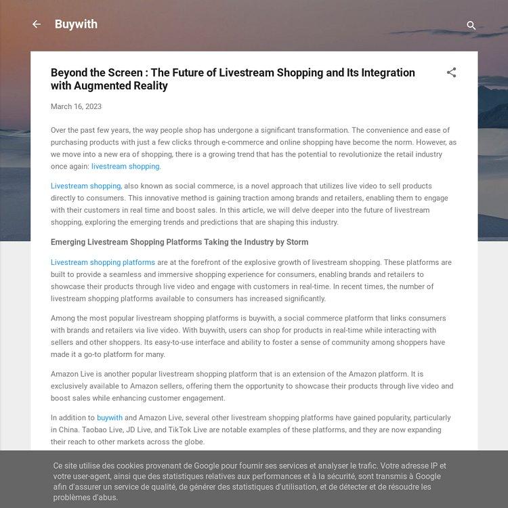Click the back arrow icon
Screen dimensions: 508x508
pyautogui.click(x=37, y=24)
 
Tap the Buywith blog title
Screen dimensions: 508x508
pyautogui.click(x=76, y=24)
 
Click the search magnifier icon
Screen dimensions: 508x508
pyautogui.click(x=471, y=26)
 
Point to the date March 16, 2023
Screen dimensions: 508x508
pyautogui.click(x=76, y=106)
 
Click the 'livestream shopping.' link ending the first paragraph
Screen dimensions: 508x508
pyautogui.click(x=126, y=167)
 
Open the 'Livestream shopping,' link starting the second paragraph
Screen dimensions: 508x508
pyautogui.click(x=86, y=186)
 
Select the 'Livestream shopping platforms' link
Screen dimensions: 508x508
pyautogui.click(x=103, y=263)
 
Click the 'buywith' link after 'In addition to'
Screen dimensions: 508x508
pyautogui.click(x=110, y=418)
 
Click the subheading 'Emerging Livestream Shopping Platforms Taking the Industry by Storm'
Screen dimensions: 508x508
pyautogui.click(x=179, y=242)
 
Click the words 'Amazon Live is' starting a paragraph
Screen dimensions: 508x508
pyautogui.click(x=77, y=374)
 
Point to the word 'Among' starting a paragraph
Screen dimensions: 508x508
pyautogui.click(x=63, y=318)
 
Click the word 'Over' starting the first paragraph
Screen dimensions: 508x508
pyautogui.click(x=59, y=130)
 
